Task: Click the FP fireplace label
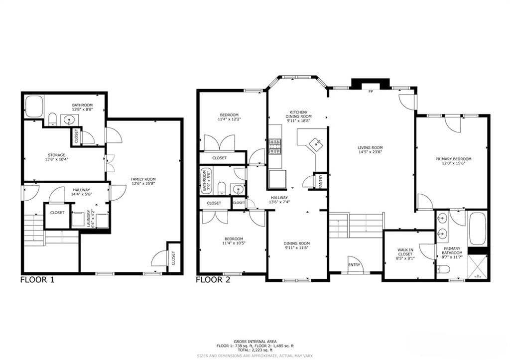click(370, 92)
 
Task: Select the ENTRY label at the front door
click(354, 265)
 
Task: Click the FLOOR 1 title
click(37, 279)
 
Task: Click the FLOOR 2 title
click(213, 279)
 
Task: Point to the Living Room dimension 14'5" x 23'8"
click(370, 152)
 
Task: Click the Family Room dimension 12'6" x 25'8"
click(143, 183)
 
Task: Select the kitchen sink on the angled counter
click(315, 143)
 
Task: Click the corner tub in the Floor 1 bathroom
click(34, 107)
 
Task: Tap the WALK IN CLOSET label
click(405, 252)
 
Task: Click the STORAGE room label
click(57, 155)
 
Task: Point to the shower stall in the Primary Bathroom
click(478, 267)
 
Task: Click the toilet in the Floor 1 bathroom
click(52, 120)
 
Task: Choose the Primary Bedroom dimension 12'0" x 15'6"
click(453, 164)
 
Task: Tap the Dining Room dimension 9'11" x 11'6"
click(297, 248)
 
